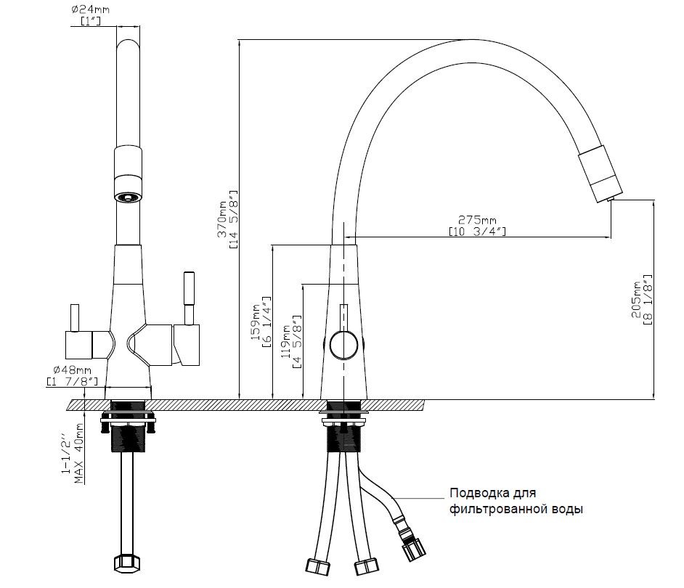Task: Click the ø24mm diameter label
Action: tap(90, 9)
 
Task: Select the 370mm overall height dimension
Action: tap(222, 219)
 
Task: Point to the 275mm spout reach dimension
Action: tap(477, 219)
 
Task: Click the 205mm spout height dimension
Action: tap(638, 299)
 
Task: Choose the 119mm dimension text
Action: tap(286, 341)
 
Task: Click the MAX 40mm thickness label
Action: tap(79, 453)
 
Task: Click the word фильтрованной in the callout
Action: tap(494, 509)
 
